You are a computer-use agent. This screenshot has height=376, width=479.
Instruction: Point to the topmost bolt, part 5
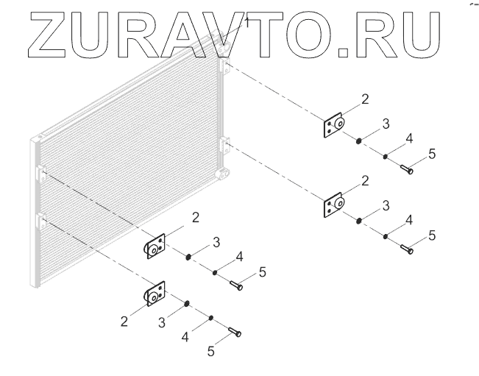click(x=407, y=169)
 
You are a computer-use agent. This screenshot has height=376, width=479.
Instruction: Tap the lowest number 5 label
click(x=210, y=352)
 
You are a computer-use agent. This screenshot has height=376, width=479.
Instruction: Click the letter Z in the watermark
click(x=53, y=35)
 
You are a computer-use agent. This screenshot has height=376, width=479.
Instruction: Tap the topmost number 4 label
click(x=408, y=138)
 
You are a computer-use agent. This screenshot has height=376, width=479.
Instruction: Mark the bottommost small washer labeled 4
click(x=211, y=318)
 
